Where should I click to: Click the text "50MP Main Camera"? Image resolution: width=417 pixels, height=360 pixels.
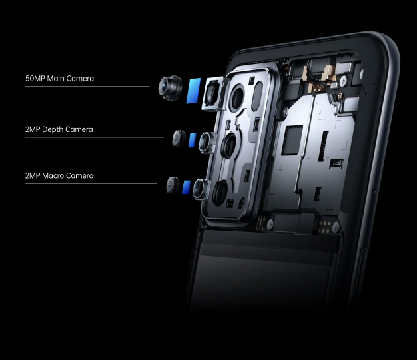point(59,79)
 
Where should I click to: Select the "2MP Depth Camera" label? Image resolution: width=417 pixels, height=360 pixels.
point(59,129)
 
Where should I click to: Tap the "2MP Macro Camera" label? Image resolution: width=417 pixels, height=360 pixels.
point(59,176)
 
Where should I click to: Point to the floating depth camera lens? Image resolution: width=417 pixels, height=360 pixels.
point(179,138)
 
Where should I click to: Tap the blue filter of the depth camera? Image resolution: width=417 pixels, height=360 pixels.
point(193,140)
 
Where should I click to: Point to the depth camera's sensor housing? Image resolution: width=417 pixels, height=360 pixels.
point(207,141)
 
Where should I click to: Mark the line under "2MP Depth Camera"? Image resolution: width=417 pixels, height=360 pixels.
point(94,137)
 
